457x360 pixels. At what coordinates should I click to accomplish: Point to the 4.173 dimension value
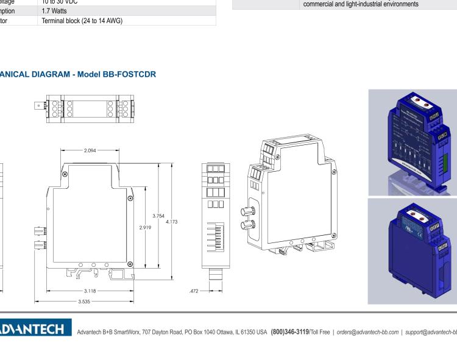point(173,222)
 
